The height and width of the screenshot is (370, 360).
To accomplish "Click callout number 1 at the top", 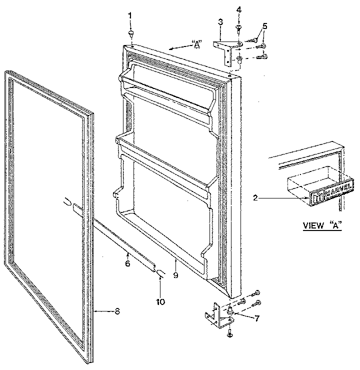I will tap(130, 16).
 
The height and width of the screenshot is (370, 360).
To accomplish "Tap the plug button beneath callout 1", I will tap(130, 33).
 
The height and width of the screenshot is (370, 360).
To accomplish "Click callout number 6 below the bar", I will tap(127, 262).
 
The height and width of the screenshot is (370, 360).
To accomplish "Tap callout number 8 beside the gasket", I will tap(117, 311).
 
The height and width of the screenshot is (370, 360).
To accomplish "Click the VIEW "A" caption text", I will tap(322, 225).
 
